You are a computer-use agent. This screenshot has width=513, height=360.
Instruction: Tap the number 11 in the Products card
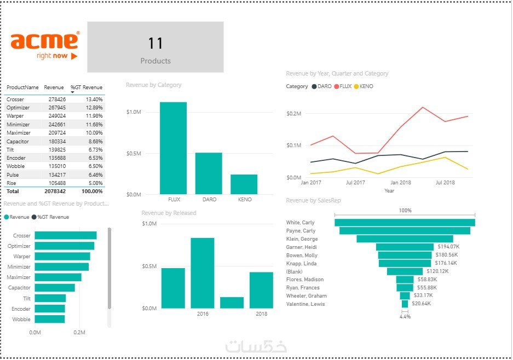click(155, 43)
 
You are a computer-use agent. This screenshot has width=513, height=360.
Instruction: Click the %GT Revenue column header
click(87, 88)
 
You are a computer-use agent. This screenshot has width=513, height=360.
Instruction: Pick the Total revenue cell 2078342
click(55, 191)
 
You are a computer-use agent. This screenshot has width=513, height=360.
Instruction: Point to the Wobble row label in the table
click(15, 166)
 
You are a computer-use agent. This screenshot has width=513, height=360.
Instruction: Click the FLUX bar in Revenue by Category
click(174, 148)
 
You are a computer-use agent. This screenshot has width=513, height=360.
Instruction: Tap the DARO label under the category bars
click(209, 200)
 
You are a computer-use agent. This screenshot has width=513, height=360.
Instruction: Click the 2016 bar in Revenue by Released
click(203, 272)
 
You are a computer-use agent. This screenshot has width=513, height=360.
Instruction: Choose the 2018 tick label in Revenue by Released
click(262, 314)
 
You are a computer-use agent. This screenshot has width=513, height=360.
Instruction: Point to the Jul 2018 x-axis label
click(445, 183)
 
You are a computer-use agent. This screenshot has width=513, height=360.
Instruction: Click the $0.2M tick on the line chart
click(294, 114)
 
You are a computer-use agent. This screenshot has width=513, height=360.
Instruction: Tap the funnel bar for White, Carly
click(405, 223)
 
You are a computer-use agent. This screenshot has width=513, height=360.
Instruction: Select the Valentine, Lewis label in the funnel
click(306, 304)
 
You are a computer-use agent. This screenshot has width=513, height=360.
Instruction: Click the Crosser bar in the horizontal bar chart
click(66, 236)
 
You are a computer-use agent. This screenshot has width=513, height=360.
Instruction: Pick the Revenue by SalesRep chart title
click(313, 201)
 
